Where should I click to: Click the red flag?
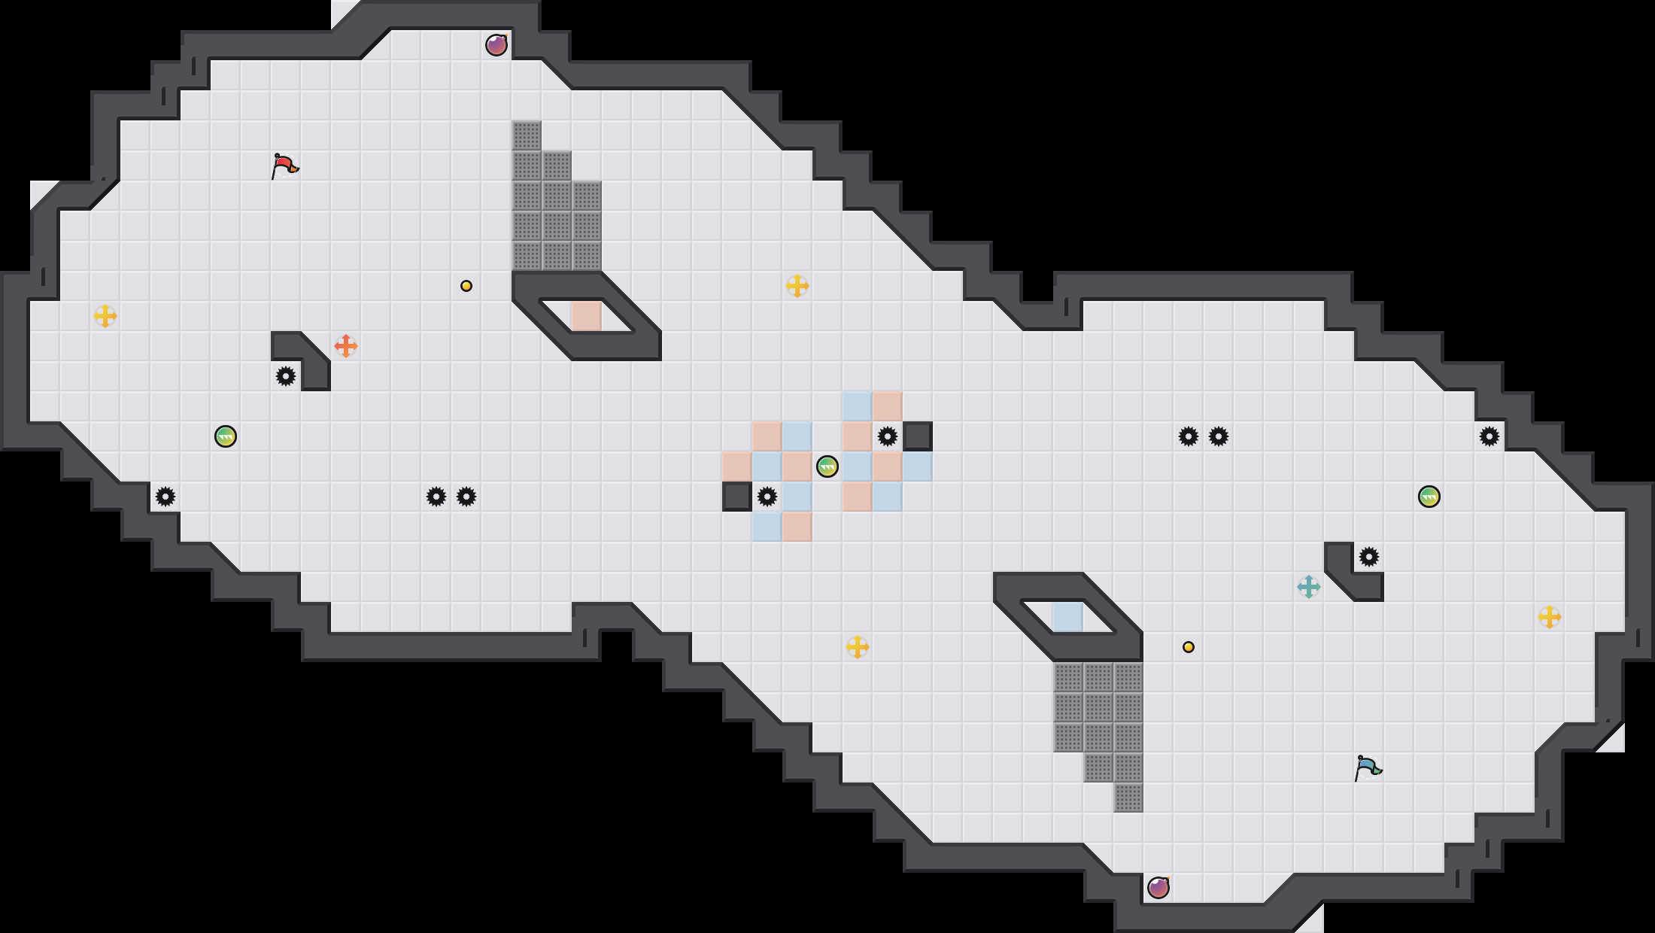284,166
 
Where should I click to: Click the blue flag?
1368,767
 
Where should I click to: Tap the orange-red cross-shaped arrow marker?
346,346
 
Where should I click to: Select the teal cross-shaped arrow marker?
1309,587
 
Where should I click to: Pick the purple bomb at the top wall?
496,45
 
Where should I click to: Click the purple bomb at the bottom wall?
1158,888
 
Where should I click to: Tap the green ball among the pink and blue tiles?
827,466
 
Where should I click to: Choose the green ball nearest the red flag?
226,436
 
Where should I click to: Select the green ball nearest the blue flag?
1429,497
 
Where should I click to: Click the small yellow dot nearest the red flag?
466,286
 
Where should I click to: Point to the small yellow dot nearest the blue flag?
1189,647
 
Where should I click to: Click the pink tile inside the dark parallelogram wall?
587,316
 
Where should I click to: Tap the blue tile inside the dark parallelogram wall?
1068,617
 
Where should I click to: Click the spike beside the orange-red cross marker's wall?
286,376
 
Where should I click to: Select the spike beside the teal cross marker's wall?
1369,557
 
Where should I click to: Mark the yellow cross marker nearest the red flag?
105,316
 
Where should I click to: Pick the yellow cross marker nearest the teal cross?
1550,617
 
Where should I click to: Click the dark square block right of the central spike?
918,436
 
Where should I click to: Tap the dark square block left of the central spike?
737,497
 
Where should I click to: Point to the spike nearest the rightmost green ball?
1489,436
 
